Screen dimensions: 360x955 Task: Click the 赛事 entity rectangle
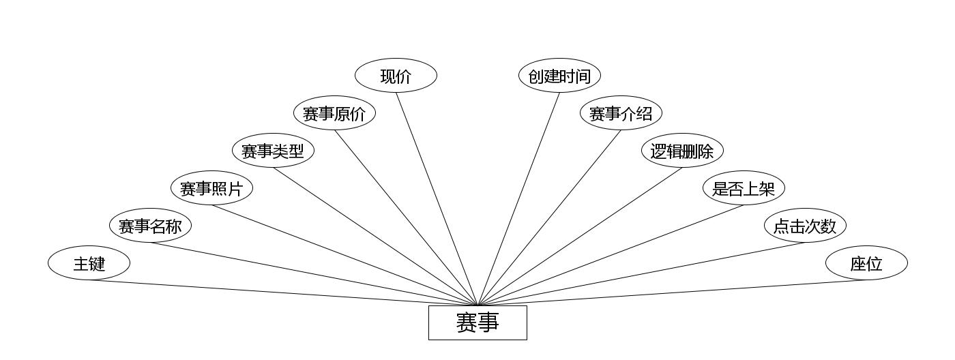[477, 322]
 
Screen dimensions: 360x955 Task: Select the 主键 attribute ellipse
[89, 263]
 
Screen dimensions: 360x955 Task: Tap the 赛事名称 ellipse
[150, 226]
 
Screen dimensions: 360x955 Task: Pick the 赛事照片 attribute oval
[211, 188]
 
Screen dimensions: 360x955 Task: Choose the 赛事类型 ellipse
[273, 151]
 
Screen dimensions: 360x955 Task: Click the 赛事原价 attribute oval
[334, 113]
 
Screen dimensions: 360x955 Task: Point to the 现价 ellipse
[396, 76]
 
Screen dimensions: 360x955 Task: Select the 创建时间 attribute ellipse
[559, 76]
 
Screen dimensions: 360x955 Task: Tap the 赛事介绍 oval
[621, 113]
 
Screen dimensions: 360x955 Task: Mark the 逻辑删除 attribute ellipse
[682, 151]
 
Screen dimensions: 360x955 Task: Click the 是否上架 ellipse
[744, 188]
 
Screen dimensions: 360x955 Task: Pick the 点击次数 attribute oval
[805, 226]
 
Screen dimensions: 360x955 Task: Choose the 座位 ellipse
[866, 263]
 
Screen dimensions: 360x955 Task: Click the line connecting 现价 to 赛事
[437, 198]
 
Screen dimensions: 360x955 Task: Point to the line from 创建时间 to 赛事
[518, 198]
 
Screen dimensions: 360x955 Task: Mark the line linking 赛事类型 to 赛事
[375, 237]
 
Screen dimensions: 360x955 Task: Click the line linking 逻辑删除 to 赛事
[580, 237]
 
